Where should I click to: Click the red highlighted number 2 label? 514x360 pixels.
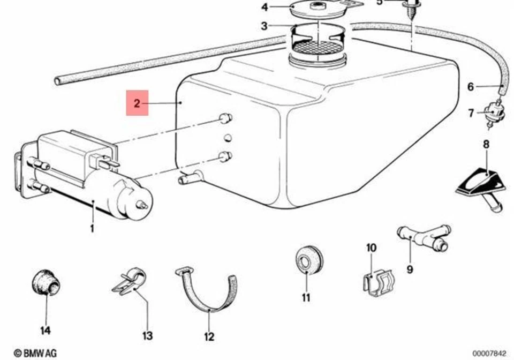tap(137, 103)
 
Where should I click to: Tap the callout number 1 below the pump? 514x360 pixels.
tap(92, 229)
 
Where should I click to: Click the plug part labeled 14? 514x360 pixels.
tap(46, 282)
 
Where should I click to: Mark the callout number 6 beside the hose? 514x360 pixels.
tap(471, 87)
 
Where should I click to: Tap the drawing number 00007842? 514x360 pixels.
tap(489, 353)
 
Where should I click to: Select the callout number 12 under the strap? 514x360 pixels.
tap(209, 336)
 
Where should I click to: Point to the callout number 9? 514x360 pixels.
tap(410, 269)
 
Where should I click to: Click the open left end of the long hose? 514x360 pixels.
tap(58, 81)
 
